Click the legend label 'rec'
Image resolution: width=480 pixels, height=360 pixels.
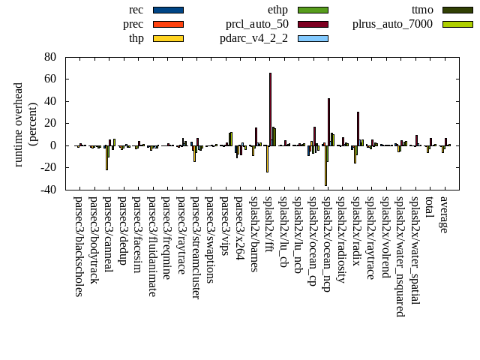click(x=136, y=10)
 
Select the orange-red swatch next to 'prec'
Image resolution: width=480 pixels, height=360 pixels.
click(x=168, y=24)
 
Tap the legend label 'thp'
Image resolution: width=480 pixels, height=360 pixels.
click(x=136, y=38)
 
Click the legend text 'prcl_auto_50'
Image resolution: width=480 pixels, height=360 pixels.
click(x=257, y=24)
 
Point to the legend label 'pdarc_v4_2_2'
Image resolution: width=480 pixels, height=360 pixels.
click(x=253, y=38)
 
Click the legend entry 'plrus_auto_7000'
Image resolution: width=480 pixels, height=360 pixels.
click(x=392, y=24)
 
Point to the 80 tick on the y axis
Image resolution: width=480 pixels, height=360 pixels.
click(x=50, y=57)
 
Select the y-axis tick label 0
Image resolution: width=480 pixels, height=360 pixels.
click(x=54, y=145)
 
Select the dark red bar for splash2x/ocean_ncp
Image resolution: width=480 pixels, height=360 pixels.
click(x=328, y=121)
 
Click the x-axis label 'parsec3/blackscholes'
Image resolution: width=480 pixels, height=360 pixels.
click(x=79, y=246)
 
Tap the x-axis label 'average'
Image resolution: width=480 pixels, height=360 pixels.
click(x=444, y=214)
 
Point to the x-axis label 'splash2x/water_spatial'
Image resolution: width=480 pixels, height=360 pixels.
click(x=415, y=250)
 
